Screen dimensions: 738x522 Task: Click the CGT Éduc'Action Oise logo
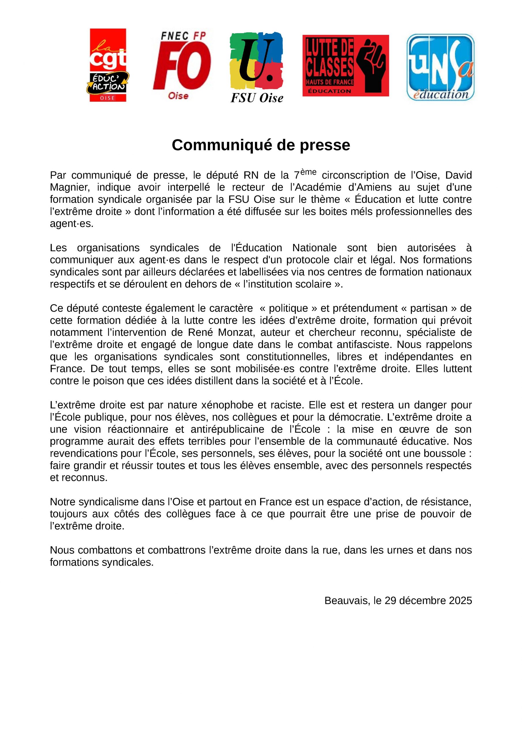(x=108, y=65)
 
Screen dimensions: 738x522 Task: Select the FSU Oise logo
(x=257, y=67)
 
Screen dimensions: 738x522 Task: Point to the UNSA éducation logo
(x=440, y=67)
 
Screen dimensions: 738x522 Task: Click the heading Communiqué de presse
(x=261, y=145)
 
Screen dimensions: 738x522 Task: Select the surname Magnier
(x=68, y=187)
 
